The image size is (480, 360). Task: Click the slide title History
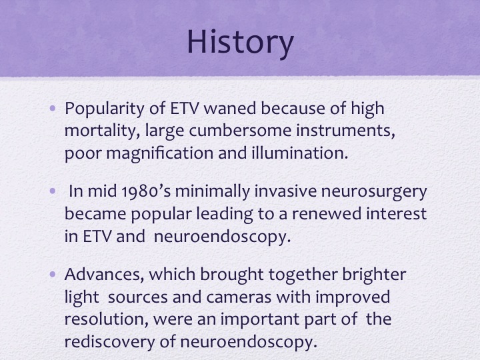click(240, 43)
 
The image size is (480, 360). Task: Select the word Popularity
click(104, 109)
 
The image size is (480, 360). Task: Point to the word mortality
click(103, 131)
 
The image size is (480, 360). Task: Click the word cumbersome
click(240, 130)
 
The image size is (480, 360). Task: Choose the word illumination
click(300, 153)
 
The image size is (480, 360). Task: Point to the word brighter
click(374, 275)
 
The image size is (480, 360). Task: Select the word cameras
click(239, 297)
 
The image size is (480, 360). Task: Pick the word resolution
click(104, 319)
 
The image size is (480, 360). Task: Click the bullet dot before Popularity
click(53, 109)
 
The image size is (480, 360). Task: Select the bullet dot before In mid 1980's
click(53, 191)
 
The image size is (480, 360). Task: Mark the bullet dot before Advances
click(53, 274)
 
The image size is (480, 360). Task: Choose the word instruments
click(345, 131)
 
